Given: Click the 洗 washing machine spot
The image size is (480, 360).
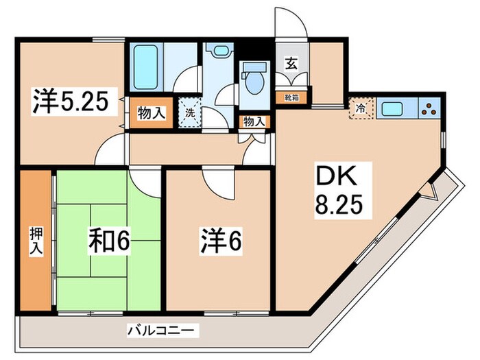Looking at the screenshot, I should [189, 110].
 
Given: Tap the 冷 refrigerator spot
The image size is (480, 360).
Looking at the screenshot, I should [361, 108].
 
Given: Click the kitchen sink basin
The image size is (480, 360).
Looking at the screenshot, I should [394, 108].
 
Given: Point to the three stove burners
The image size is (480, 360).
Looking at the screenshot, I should [430, 108].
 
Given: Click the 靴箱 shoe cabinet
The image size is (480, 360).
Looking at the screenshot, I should [291, 97].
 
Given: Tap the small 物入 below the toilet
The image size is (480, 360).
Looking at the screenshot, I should [254, 121].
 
